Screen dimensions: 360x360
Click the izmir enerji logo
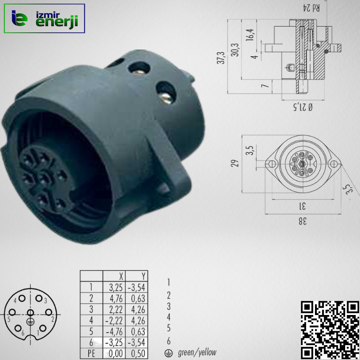coord(44,18)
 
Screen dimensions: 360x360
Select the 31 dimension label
coord(302,206)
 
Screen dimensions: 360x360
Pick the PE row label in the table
coord(91,354)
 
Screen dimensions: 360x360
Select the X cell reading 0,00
coord(114,354)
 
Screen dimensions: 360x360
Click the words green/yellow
coord(197,353)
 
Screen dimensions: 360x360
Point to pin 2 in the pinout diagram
coord(48,312)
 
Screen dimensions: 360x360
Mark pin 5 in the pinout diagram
coord(12,312)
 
